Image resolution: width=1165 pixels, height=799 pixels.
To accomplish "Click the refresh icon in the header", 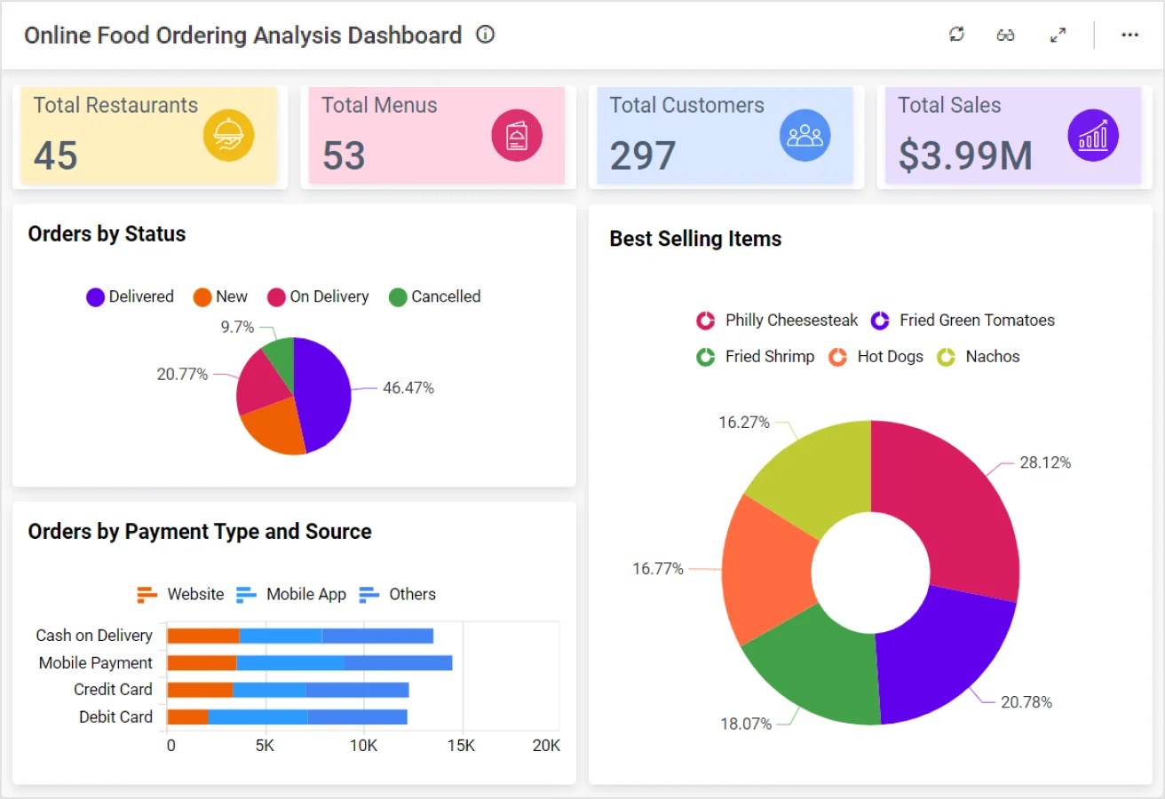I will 956,35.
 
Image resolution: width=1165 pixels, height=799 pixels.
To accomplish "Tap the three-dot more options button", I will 1129,35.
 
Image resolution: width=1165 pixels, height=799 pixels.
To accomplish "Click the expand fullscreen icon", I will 1058,35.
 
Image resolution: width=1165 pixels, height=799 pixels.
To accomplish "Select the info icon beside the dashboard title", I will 485,35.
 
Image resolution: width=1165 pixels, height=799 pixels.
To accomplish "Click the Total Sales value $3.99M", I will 964,155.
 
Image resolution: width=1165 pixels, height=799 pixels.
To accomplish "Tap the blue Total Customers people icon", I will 805,136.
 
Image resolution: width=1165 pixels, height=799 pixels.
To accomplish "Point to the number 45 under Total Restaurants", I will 56,155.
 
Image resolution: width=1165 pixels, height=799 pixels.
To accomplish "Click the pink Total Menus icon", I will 517,136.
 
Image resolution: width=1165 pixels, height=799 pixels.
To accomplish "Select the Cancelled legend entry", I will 435,297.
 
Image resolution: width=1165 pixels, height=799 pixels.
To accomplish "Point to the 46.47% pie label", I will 408,388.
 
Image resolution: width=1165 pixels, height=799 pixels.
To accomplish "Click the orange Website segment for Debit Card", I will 187,716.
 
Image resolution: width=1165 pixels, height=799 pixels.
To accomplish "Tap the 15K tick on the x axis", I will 462,746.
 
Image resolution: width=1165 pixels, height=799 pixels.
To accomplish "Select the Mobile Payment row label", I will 96,662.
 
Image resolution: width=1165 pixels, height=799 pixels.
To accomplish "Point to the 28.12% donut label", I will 1045,463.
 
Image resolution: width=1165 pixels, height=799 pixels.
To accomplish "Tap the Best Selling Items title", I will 695,239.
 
